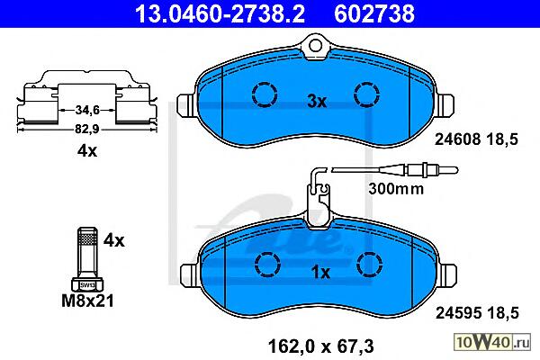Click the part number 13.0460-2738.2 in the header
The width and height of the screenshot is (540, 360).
220,13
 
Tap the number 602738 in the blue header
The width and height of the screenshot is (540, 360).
374,13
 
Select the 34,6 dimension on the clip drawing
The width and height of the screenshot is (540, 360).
87,110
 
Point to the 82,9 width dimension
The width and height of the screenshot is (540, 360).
87,130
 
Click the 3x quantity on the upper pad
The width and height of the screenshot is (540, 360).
317,102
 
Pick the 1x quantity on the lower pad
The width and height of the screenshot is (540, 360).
320,273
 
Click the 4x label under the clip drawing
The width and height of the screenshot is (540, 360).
87,150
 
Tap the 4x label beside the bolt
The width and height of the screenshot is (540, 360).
114,240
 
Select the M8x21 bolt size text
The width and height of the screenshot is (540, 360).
87,301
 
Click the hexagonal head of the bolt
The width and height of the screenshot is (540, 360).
87,284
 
